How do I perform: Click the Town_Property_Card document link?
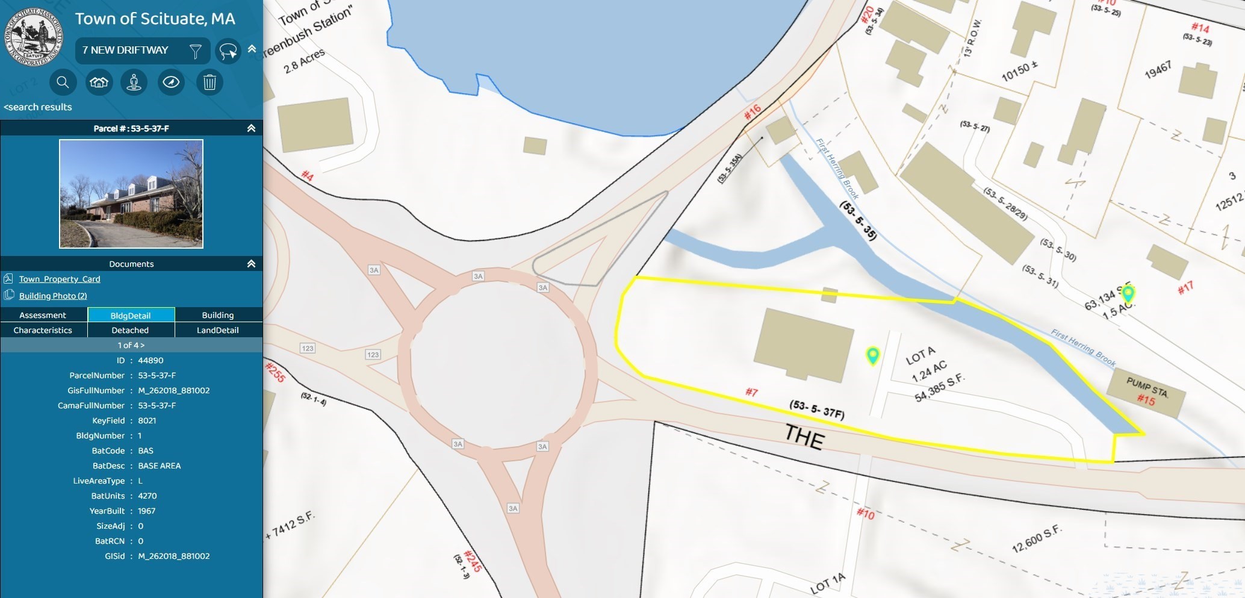click(x=59, y=279)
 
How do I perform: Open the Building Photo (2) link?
click(x=52, y=296)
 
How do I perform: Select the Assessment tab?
click(x=43, y=315)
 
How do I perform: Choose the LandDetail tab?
click(x=218, y=330)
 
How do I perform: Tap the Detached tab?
click(x=130, y=330)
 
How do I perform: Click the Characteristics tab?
click(x=43, y=330)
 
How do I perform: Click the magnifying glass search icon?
click(x=63, y=82)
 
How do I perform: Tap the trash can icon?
click(x=210, y=82)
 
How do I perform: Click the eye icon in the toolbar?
click(x=171, y=82)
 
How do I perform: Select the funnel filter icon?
click(x=196, y=51)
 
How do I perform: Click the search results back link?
click(x=38, y=107)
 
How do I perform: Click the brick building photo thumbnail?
click(x=131, y=193)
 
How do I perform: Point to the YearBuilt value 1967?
click(x=146, y=511)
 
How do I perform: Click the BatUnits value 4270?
click(x=147, y=496)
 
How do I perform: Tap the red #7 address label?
click(x=751, y=392)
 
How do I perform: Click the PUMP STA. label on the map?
click(x=1147, y=388)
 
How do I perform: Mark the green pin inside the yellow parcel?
click(x=872, y=355)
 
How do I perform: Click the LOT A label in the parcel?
click(x=921, y=355)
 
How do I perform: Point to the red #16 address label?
click(x=753, y=111)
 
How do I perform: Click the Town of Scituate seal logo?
click(x=34, y=37)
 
